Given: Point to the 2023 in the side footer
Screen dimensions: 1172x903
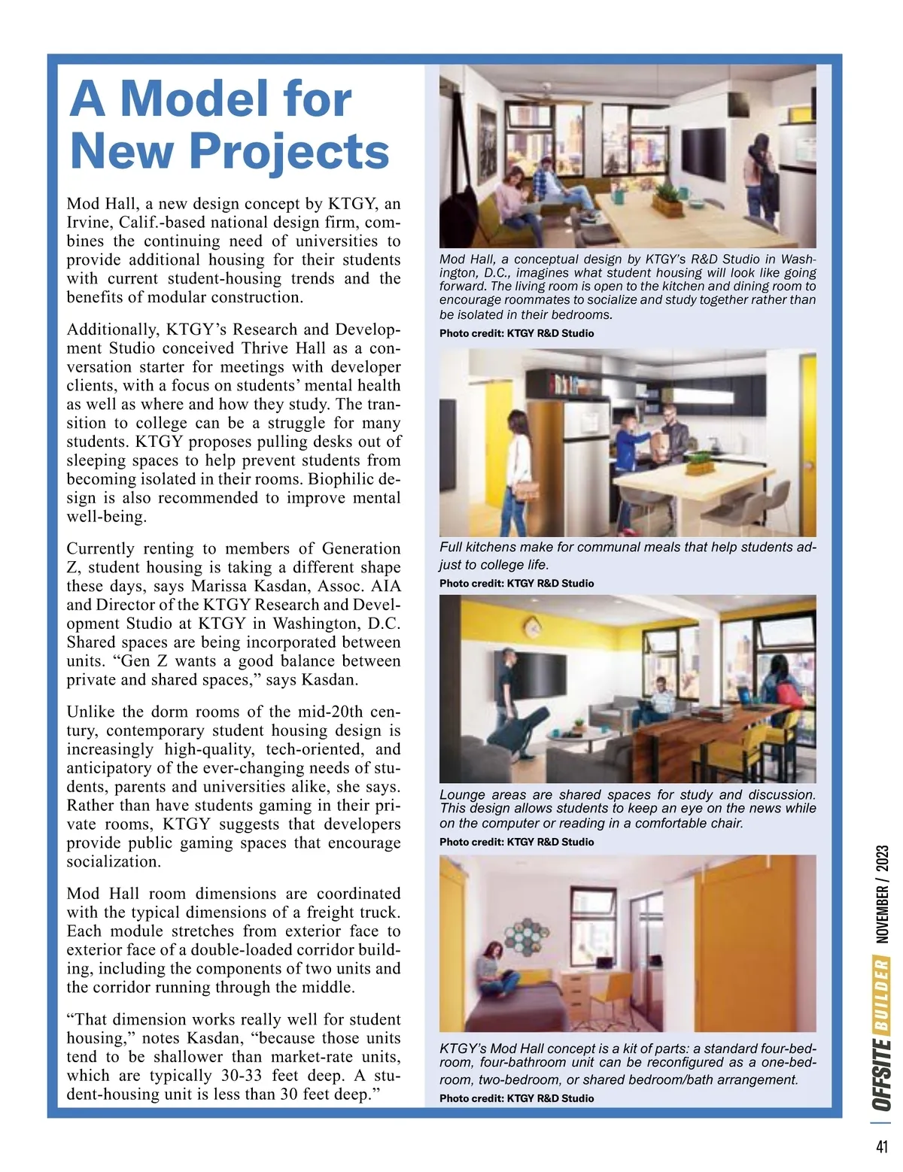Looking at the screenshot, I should tap(883, 859).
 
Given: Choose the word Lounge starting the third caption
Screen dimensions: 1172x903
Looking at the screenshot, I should tap(461, 794).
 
